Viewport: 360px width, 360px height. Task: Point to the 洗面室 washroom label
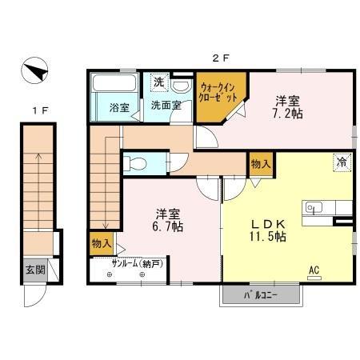(166, 106)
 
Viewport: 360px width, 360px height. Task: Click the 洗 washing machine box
(158, 82)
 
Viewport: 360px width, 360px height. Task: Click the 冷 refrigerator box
(342, 160)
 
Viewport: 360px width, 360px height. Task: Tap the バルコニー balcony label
(262, 296)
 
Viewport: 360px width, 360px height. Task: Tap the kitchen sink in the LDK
(313, 208)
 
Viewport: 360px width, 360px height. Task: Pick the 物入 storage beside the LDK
(261, 163)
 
